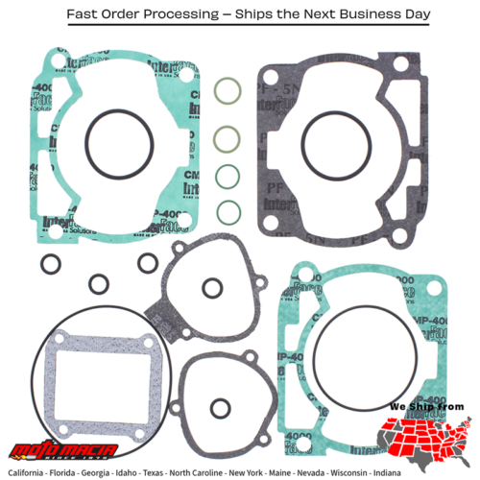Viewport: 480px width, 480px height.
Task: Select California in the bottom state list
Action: pyautogui.click(x=36, y=473)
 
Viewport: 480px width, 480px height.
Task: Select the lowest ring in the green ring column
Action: pyautogui.click(x=228, y=211)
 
